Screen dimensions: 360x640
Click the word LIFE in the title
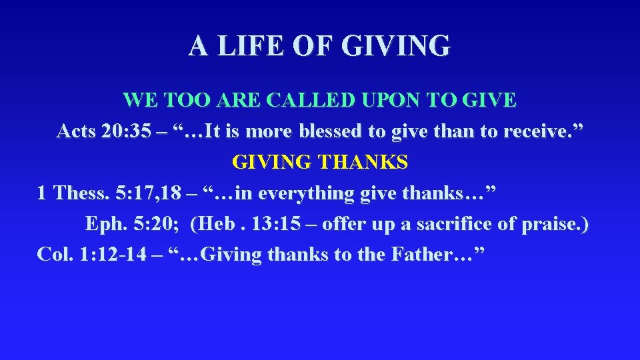pyautogui.click(x=246, y=46)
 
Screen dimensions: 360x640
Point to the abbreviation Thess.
pyautogui.click(x=81, y=193)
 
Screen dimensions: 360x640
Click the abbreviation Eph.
pyautogui.click(x=103, y=224)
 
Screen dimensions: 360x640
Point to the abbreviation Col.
pyautogui.click(x=55, y=255)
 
